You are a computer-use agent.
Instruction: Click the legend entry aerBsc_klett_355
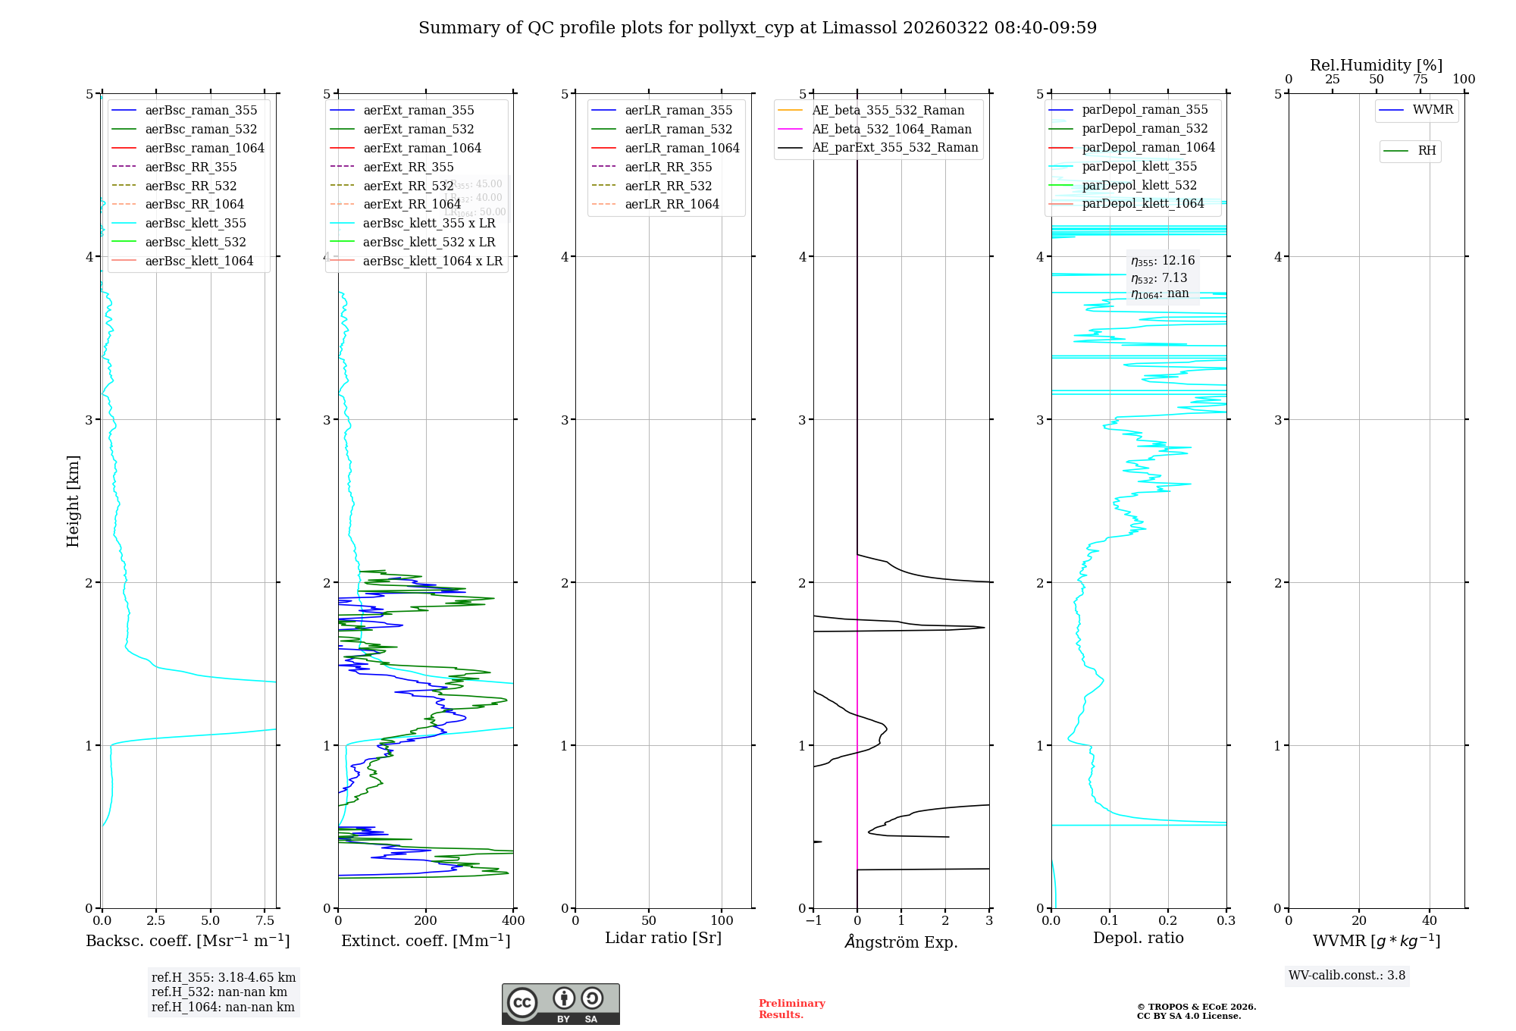tap(195, 223)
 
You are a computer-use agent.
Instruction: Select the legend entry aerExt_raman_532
tap(418, 129)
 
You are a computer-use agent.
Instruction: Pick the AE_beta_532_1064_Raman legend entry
tap(891, 129)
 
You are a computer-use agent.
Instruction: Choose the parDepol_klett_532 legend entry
tap(1139, 185)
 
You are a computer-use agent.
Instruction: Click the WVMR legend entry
tap(1433, 110)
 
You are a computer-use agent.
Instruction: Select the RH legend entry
tap(1427, 151)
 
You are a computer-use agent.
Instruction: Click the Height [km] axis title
tap(73, 501)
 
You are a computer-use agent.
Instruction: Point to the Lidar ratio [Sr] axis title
tap(663, 938)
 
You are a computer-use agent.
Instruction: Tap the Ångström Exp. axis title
tap(901, 942)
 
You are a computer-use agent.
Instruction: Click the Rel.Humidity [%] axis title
tap(1376, 65)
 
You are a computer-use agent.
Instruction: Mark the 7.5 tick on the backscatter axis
tap(265, 921)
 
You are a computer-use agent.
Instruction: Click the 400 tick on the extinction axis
tap(513, 921)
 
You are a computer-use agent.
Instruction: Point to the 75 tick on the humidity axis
tap(1420, 80)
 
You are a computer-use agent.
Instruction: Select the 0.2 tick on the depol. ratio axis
tap(1168, 921)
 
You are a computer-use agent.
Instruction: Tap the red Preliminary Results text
tap(791, 1008)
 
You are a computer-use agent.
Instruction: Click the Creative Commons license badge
tap(560, 1004)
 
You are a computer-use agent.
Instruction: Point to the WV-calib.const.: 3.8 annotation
tap(1347, 976)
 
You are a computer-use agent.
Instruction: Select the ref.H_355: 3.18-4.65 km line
tap(224, 977)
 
